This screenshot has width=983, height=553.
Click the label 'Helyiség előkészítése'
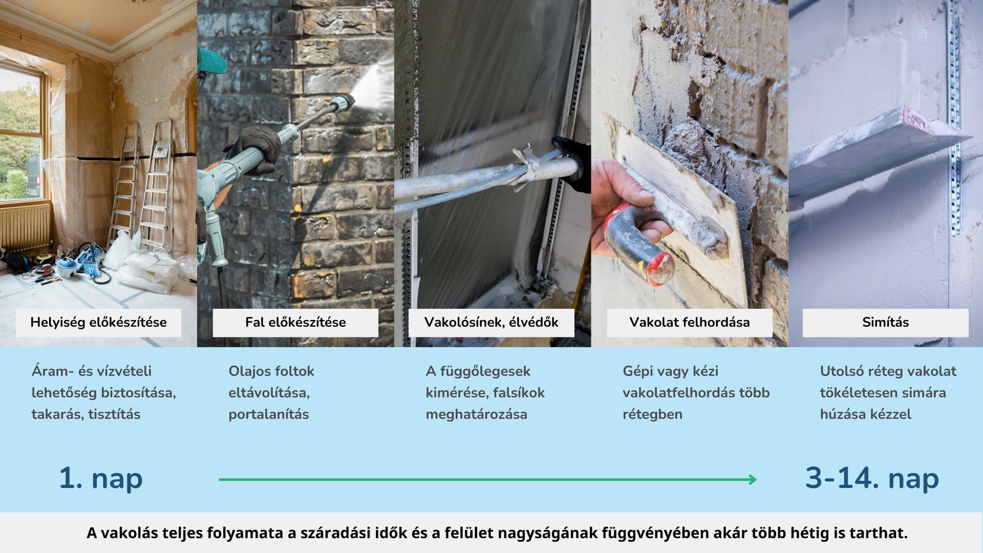[98, 323]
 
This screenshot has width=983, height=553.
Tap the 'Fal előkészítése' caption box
[295, 323]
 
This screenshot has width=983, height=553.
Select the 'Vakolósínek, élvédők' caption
[491, 323]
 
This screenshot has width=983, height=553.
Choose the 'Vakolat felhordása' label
[689, 323]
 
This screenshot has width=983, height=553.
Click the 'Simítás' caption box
[885, 323]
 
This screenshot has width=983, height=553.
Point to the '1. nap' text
[100, 478]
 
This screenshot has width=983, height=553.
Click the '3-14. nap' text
[872, 478]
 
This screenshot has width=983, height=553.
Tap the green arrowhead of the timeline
[753, 480]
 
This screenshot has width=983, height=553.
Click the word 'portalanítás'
[268, 414]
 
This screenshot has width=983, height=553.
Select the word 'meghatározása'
[476, 414]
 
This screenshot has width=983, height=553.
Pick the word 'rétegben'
[652, 414]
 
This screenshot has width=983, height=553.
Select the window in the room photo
[20, 133]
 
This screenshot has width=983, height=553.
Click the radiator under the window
[25, 228]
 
